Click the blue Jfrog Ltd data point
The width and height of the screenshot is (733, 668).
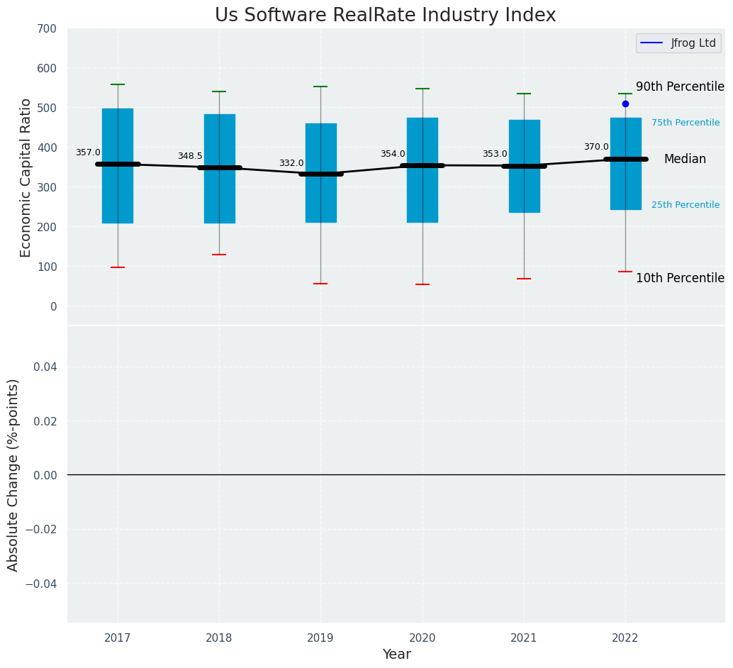tap(625, 104)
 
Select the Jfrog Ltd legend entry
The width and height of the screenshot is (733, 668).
tap(678, 43)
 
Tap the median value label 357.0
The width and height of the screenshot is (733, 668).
tap(88, 152)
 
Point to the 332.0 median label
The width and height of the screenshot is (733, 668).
tap(291, 163)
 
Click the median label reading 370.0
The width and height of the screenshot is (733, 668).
tap(596, 147)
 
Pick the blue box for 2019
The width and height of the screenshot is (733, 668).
tap(320, 173)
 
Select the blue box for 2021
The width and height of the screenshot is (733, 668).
tap(525, 166)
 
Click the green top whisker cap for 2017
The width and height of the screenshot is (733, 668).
tap(118, 84)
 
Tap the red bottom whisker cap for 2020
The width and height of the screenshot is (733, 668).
tap(423, 284)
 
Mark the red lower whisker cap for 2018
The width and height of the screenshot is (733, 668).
tap(219, 255)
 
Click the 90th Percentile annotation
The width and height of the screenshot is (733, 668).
tap(680, 87)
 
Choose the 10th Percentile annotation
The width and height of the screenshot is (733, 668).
tap(680, 278)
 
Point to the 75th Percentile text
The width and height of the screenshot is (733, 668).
tap(686, 123)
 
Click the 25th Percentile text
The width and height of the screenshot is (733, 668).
tap(686, 205)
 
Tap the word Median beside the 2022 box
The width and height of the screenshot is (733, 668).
tap(685, 160)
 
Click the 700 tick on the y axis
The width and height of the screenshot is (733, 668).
tap(47, 29)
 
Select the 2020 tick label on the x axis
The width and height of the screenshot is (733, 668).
tap(423, 638)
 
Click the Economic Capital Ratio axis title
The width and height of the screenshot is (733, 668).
tap(26, 177)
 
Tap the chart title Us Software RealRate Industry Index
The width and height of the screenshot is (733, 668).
tap(385, 16)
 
